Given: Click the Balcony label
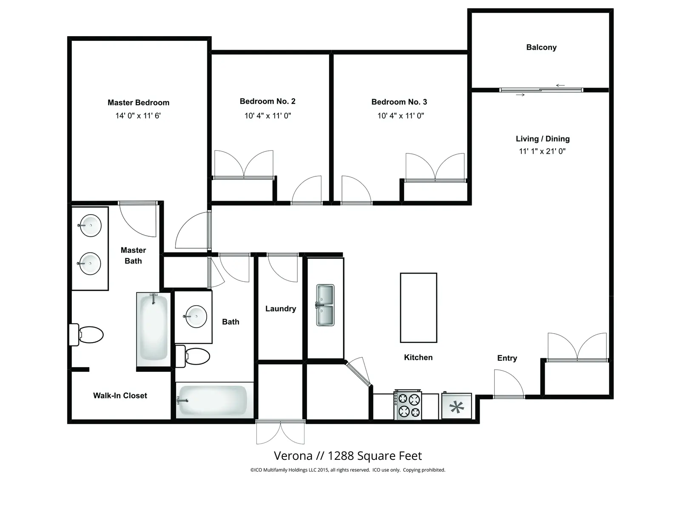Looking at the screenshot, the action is [x=541, y=47].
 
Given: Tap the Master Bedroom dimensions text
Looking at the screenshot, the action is [x=138, y=116].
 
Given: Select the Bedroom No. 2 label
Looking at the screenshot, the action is [x=267, y=101].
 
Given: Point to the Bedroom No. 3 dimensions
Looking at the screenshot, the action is [x=401, y=116].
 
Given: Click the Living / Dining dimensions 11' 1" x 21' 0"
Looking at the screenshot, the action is [x=542, y=151].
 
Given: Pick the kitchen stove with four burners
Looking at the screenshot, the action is [x=407, y=405].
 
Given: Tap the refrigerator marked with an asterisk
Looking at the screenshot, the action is [x=456, y=406].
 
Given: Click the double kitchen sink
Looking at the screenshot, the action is [x=325, y=305].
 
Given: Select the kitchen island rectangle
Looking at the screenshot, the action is [x=418, y=308].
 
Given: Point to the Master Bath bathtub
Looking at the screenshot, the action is [x=154, y=329].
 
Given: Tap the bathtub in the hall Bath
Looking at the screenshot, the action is [x=214, y=400].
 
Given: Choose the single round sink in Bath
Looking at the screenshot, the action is [x=195, y=317].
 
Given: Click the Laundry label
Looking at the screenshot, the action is [x=281, y=309].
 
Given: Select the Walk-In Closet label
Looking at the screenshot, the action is [x=120, y=396].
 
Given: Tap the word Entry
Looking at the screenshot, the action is [x=507, y=358].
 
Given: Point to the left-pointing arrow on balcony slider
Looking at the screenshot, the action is [x=560, y=85].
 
